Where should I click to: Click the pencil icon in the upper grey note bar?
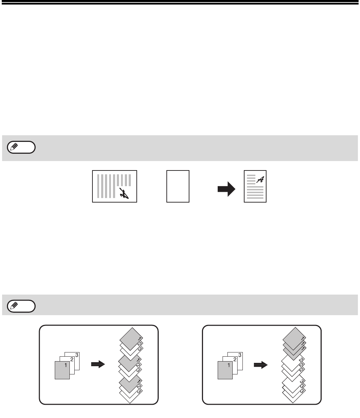pyautogui.click(x=14, y=147)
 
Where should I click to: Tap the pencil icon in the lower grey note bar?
pyautogui.click(x=14, y=306)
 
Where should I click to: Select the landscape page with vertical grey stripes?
pyautogui.click(x=115, y=187)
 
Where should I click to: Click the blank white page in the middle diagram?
pyautogui.click(x=178, y=187)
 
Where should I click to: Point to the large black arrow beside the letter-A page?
pyautogui.click(x=226, y=189)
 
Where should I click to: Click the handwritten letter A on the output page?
pyautogui.click(x=260, y=180)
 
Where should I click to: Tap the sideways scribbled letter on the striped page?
pyautogui.click(x=124, y=193)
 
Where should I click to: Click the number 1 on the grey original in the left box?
pyautogui.click(x=66, y=365)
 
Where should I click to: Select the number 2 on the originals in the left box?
pyautogui.click(x=72, y=360)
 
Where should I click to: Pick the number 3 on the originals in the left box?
pyautogui.click(x=77, y=355)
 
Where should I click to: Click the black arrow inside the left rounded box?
pyautogui.click(x=98, y=364)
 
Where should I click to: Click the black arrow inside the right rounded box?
pyautogui.click(x=261, y=365)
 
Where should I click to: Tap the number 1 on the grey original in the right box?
pyautogui.click(x=228, y=365)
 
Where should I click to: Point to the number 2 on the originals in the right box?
pyautogui.click(x=235, y=360)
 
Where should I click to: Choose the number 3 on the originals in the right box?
pyautogui.click(x=240, y=355)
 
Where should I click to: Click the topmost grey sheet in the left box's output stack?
pyautogui.click(x=131, y=339)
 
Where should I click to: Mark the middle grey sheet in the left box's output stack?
pyautogui.click(x=130, y=363)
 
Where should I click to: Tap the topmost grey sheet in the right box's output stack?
pyautogui.click(x=294, y=339)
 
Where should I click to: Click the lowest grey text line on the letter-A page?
pyautogui.click(x=255, y=198)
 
